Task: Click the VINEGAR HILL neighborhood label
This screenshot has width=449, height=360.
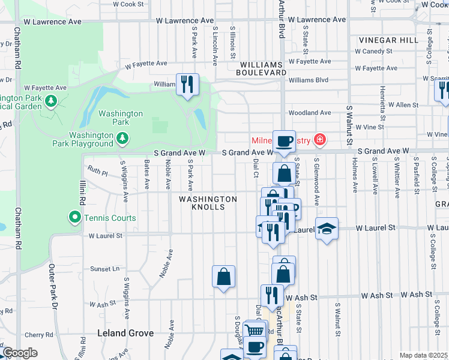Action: pos(388,40)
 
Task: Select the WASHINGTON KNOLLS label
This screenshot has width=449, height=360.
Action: pos(208,203)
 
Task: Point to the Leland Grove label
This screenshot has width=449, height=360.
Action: pos(126,333)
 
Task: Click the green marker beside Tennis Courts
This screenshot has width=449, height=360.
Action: pos(74,218)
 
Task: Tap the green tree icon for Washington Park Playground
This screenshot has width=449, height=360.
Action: pos(122,139)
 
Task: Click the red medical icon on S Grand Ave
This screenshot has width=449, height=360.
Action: pos(321,140)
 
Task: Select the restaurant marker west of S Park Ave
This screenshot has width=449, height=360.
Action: pos(187,84)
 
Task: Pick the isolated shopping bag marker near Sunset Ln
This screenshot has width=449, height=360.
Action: pos(223,277)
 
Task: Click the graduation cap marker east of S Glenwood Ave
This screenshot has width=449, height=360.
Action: pos(326,229)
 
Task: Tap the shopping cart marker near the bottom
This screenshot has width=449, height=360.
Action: pos(256,331)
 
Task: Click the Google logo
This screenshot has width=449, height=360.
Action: pos(20,353)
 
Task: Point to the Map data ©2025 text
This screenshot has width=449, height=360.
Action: pos(423,355)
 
